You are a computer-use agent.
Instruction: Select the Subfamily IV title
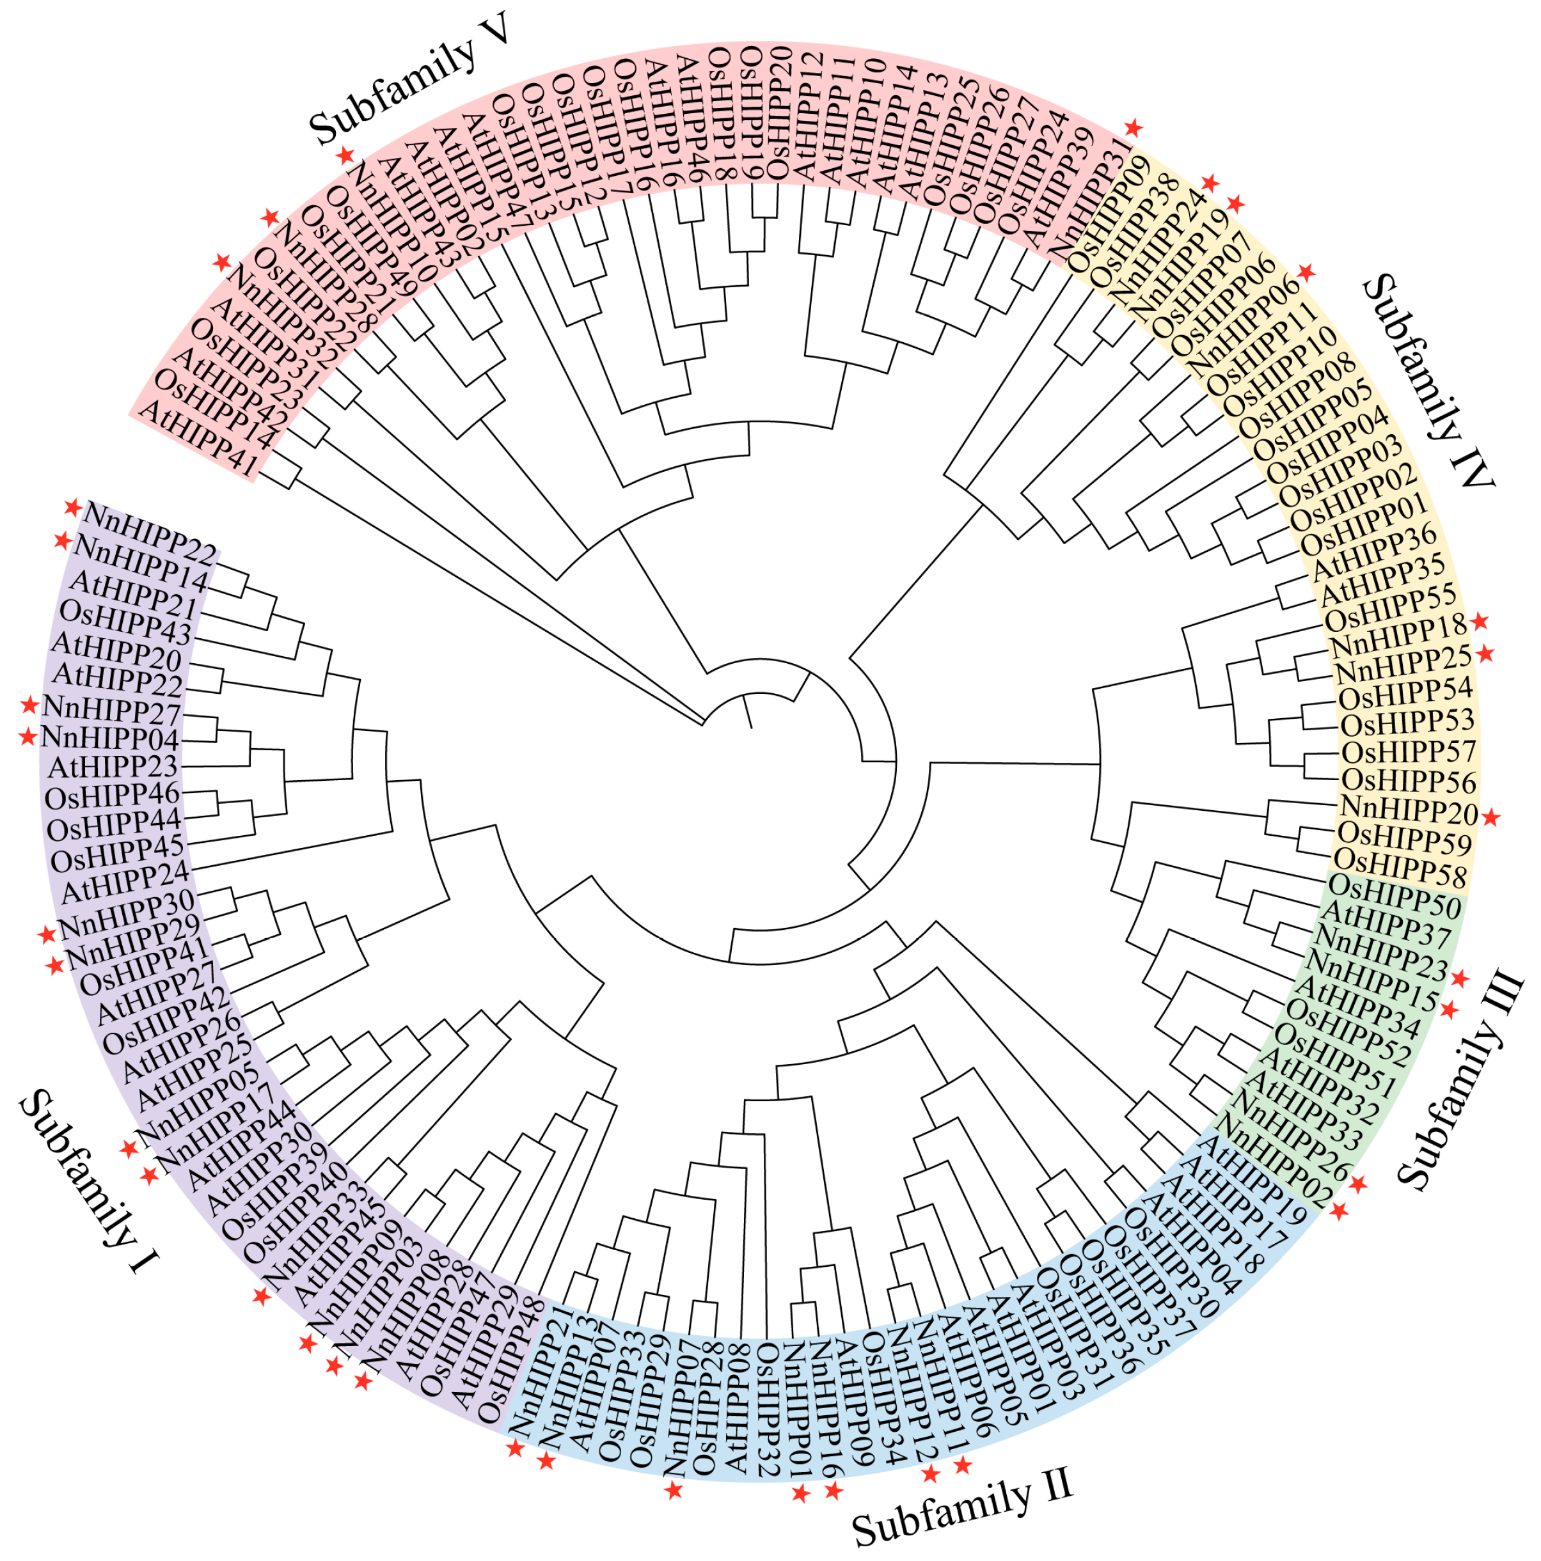coord(1428,380)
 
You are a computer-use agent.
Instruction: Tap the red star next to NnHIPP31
coord(1134,128)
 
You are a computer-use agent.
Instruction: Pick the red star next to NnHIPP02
coord(1339,1211)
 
